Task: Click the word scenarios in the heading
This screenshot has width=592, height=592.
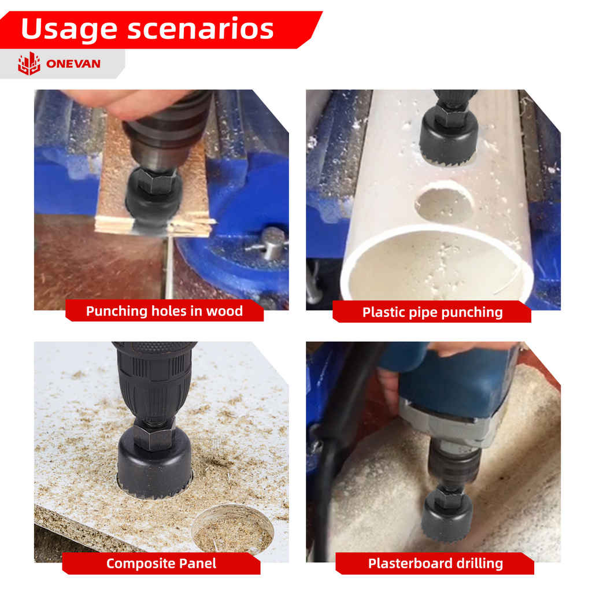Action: click(201, 29)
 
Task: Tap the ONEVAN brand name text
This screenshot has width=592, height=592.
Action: click(73, 64)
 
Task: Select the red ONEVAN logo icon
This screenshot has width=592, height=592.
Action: click(29, 64)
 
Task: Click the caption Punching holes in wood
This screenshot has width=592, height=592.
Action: click(164, 311)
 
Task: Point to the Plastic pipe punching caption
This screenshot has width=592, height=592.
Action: click(432, 312)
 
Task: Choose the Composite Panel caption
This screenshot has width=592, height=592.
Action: click(161, 563)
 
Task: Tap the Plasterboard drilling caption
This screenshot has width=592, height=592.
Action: click(435, 563)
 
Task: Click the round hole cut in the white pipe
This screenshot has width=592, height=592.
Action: click(445, 202)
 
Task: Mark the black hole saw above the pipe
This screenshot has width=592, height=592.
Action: click(449, 138)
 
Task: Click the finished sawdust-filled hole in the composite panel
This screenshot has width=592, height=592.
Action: click(232, 530)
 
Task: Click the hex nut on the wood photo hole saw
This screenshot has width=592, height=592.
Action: click(156, 180)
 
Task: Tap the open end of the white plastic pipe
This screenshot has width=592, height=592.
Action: click(438, 264)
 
